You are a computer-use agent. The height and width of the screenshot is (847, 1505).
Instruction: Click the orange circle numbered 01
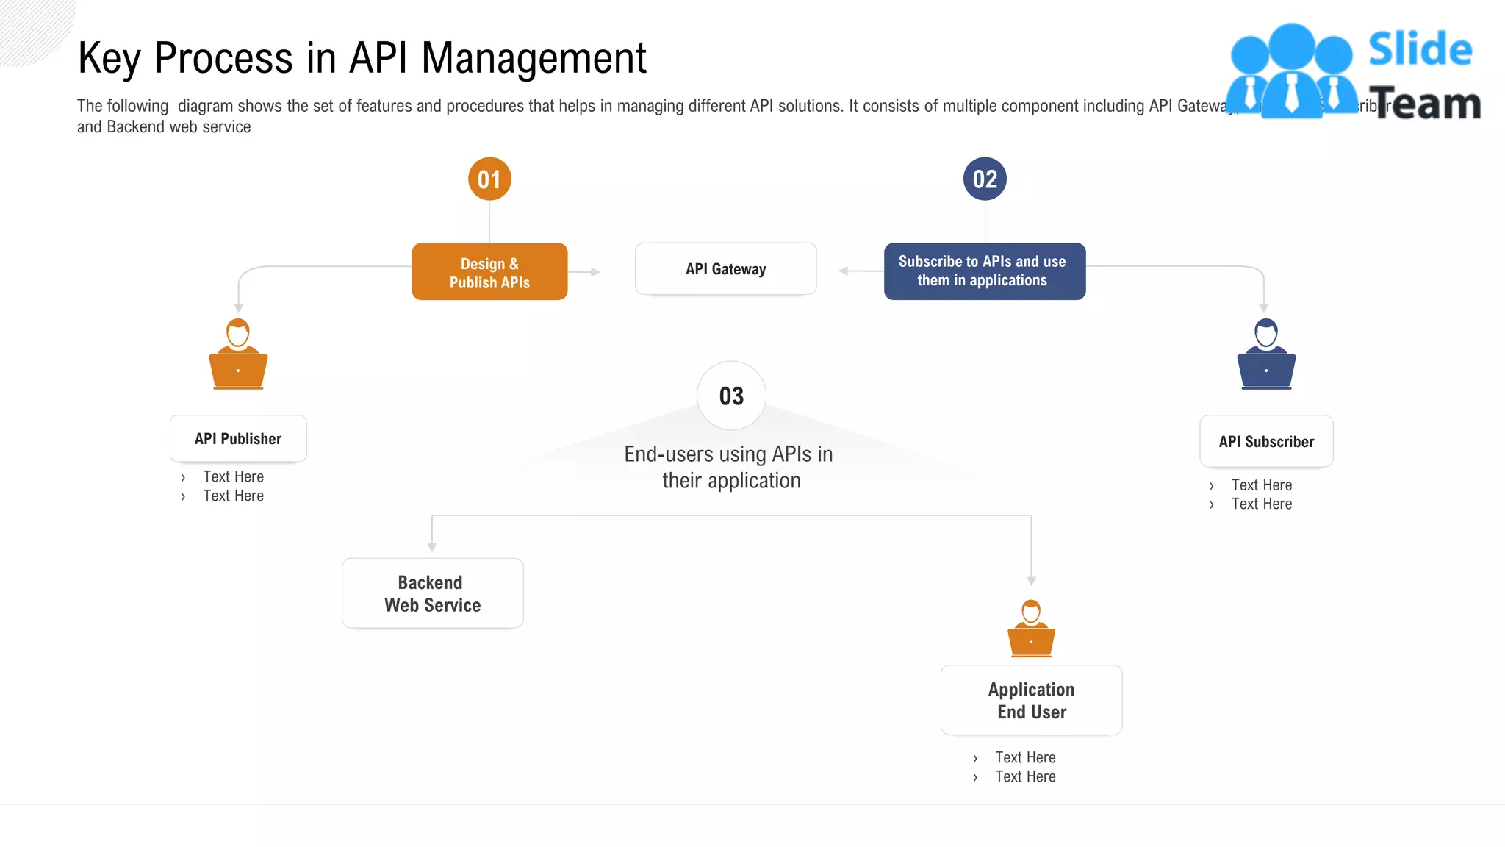pos(489,179)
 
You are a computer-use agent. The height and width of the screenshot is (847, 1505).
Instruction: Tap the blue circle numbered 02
pos(985,179)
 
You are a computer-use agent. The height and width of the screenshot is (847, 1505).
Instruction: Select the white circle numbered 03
pos(731,396)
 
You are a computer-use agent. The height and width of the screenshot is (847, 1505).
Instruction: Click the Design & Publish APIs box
pos(489,272)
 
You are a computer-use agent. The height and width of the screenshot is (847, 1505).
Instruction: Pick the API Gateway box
pos(725,269)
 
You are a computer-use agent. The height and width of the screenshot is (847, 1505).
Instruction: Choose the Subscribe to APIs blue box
pos(984,271)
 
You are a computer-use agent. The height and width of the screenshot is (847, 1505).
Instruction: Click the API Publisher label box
pos(238,439)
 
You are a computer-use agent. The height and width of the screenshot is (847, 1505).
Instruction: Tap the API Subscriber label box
pos(1266,442)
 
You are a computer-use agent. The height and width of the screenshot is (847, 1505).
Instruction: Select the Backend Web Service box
pos(432,593)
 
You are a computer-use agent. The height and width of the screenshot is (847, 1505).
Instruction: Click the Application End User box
pos(1031,700)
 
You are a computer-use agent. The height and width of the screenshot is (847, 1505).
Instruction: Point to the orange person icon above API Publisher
pos(238,354)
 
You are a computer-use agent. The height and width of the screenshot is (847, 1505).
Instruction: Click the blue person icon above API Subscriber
pos(1266,354)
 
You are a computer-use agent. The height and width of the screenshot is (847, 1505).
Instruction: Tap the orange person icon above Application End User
pos(1031,629)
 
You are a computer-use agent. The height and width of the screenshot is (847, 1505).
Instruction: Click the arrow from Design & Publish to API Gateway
pos(586,272)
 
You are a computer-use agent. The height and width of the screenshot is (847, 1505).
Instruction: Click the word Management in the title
pos(534,59)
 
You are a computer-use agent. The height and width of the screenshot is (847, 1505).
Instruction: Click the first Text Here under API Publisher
pos(233,476)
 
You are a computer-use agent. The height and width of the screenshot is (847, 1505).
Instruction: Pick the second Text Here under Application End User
pos(1025,776)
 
